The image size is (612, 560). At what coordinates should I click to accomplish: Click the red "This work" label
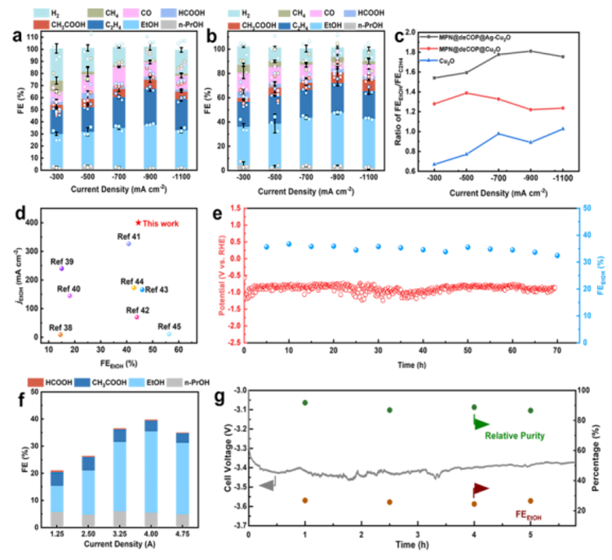(157, 224)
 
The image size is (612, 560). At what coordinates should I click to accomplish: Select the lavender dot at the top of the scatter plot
(128, 243)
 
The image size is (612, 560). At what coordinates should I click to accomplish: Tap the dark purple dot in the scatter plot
(61, 268)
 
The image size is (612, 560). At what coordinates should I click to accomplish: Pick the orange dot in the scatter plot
(60, 334)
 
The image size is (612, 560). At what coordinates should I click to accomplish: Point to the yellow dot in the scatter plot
(134, 287)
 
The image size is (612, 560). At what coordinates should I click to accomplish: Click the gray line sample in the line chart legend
(428, 37)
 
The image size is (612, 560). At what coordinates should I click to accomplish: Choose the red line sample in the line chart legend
(428, 49)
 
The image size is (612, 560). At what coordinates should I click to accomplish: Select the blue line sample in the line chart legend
(428, 60)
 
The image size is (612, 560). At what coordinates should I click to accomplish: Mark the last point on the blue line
(563, 129)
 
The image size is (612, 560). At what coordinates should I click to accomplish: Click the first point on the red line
(433, 104)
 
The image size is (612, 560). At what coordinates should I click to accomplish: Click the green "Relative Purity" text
(514, 437)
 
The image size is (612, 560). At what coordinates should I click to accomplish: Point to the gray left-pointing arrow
(267, 485)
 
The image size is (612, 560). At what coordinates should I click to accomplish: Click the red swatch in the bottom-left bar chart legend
(35, 382)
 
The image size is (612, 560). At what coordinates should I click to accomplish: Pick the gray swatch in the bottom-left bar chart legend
(174, 382)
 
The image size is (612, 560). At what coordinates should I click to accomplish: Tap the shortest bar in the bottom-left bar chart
(56, 497)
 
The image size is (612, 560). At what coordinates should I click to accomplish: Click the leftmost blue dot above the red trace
(266, 247)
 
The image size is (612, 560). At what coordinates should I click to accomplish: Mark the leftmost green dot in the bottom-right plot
(305, 402)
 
